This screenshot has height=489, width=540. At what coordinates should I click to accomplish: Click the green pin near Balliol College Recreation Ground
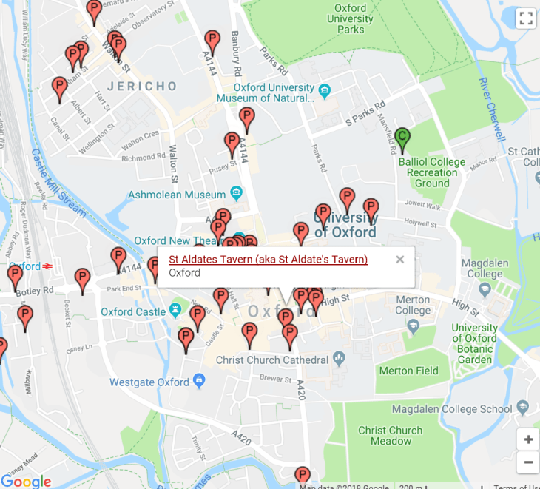[402, 138]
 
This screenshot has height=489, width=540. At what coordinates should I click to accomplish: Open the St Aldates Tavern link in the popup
[268, 259]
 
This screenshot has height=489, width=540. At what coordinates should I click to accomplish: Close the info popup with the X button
[399, 259]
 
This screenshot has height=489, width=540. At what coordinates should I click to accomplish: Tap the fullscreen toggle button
[525, 19]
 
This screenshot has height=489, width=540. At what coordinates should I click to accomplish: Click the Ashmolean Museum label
[176, 195]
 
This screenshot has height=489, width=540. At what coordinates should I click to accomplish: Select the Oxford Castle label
[134, 311]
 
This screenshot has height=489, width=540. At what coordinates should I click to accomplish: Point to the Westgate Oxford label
[149, 382]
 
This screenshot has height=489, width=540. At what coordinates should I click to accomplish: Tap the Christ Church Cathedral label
[271, 360]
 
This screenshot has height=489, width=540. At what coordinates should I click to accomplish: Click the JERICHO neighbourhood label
[142, 87]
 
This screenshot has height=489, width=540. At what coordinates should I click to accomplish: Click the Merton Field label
[408, 371]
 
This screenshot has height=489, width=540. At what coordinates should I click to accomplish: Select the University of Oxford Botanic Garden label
[474, 344]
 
